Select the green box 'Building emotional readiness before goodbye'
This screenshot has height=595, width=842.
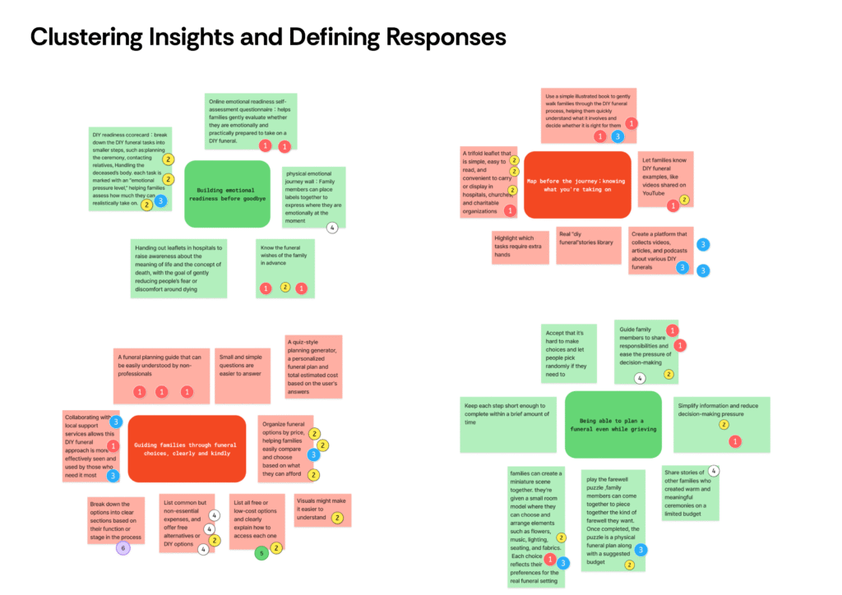click(x=227, y=194)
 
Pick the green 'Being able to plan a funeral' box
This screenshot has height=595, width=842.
click(x=613, y=423)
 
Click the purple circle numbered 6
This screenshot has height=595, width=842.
click(x=123, y=548)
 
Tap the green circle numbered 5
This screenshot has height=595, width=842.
click(x=261, y=553)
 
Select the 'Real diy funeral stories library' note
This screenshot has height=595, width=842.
click(x=589, y=245)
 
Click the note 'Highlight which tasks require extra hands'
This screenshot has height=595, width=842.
click(x=520, y=246)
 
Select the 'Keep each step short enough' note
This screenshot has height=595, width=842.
click(x=508, y=423)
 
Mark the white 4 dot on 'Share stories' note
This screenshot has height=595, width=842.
click(x=714, y=471)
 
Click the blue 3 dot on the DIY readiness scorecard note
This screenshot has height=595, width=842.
click(x=160, y=201)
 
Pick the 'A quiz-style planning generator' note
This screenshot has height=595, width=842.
click(x=313, y=367)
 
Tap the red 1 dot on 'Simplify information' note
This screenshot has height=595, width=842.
click(x=735, y=441)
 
